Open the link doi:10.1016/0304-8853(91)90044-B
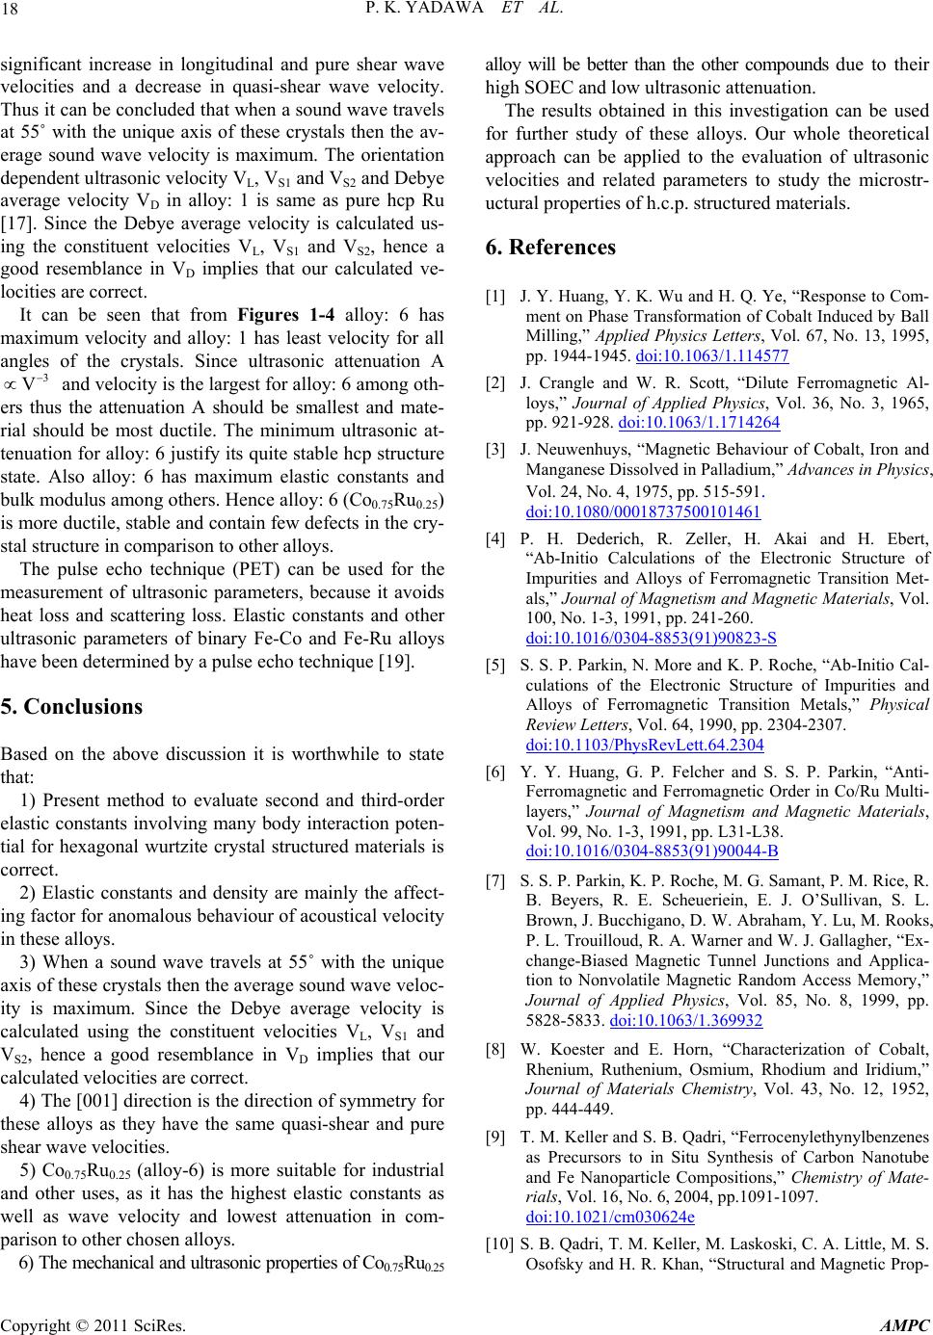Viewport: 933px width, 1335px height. tap(653, 825)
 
